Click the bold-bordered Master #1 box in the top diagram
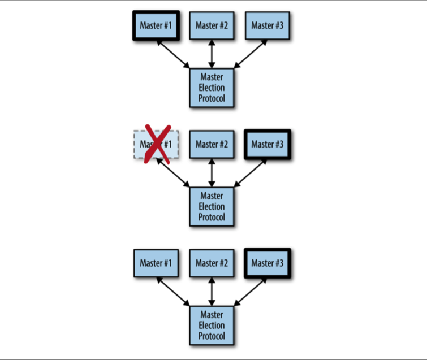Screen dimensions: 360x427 (156, 25)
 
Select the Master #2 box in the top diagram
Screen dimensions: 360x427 (212, 25)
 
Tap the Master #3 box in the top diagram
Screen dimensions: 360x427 (267, 25)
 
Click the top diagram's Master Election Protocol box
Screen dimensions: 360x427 (212, 88)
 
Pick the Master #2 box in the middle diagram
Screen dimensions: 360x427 (212, 144)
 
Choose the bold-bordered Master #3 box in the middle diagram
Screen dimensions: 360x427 (267, 144)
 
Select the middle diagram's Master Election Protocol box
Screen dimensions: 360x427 (212, 206)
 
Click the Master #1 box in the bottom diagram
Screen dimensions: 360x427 (156, 263)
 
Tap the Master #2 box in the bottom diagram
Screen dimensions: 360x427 (212, 263)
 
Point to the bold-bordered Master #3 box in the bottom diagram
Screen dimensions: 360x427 (267, 263)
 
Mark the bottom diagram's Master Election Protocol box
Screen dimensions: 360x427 (212, 325)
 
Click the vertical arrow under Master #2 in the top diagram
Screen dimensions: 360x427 (212, 54)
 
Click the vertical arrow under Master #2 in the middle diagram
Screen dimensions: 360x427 (212, 173)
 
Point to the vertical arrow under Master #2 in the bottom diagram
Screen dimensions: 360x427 (212, 292)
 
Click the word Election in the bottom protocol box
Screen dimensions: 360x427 (212, 325)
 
